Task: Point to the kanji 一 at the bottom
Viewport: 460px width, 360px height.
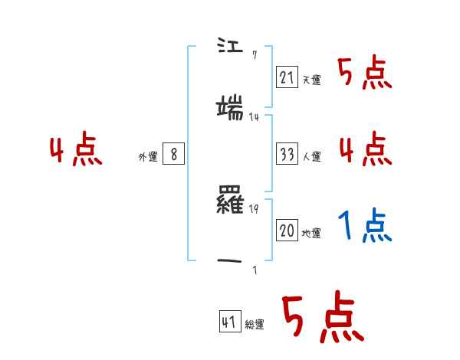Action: coord(231,262)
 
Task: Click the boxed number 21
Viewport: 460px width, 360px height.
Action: coord(287,77)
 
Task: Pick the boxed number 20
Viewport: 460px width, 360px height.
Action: coord(287,231)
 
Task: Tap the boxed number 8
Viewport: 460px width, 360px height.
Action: coord(174,155)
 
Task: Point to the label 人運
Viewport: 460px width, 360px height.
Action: coord(311,156)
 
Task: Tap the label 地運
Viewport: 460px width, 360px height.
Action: coord(311,234)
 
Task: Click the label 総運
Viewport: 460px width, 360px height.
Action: coord(255,325)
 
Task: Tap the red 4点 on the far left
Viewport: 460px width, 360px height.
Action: coord(76,150)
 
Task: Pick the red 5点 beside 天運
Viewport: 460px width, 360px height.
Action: coord(365,73)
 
